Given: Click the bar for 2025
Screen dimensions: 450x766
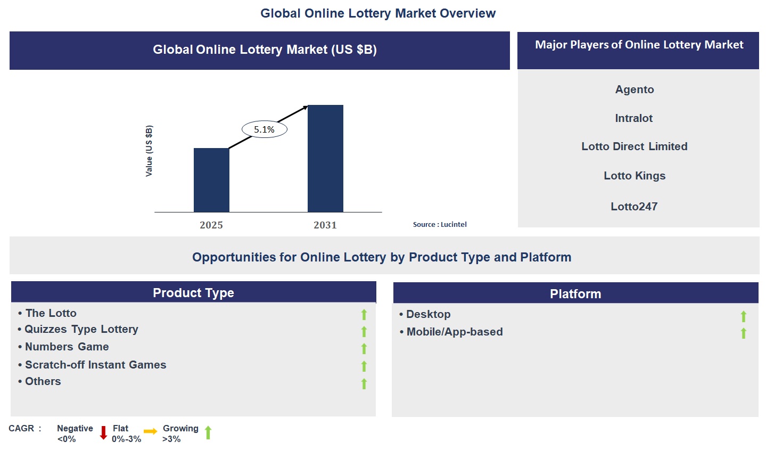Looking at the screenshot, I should (x=211, y=180).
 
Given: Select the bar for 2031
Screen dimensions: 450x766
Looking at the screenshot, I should (x=325, y=159).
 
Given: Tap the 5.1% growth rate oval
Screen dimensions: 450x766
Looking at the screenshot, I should (x=265, y=129).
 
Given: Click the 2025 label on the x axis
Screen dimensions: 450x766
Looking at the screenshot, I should (x=211, y=225).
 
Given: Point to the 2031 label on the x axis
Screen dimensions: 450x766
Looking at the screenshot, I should (x=325, y=225).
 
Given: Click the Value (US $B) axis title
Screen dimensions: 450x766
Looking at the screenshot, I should (x=149, y=151).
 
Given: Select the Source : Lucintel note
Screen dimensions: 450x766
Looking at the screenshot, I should (x=440, y=225).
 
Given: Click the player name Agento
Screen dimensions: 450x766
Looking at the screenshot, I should (x=635, y=89).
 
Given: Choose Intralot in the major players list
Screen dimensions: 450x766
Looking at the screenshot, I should (x=633, y=118).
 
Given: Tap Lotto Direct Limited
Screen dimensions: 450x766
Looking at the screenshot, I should (x=635, y=146).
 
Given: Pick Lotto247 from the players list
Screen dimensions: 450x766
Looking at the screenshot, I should (x=634, y=207).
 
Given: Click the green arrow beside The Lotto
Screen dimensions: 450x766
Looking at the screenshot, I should (x=364, y=315).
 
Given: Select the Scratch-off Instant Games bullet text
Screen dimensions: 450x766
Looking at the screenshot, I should (x=95, y=365).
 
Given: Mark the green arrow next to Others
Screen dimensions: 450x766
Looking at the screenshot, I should (x=364, y=383).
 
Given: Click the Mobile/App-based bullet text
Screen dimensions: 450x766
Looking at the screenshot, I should (x=454, y=332).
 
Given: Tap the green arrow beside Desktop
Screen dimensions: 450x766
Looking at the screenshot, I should (x=744, y=316).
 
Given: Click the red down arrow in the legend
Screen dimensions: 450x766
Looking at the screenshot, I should (x=103, y=432).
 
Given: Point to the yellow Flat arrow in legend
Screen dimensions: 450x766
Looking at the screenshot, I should (x=151, y=431).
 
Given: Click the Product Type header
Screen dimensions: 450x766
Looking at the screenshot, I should (x=193, y=293).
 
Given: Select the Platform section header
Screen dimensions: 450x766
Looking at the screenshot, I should (x=575, y=294).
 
